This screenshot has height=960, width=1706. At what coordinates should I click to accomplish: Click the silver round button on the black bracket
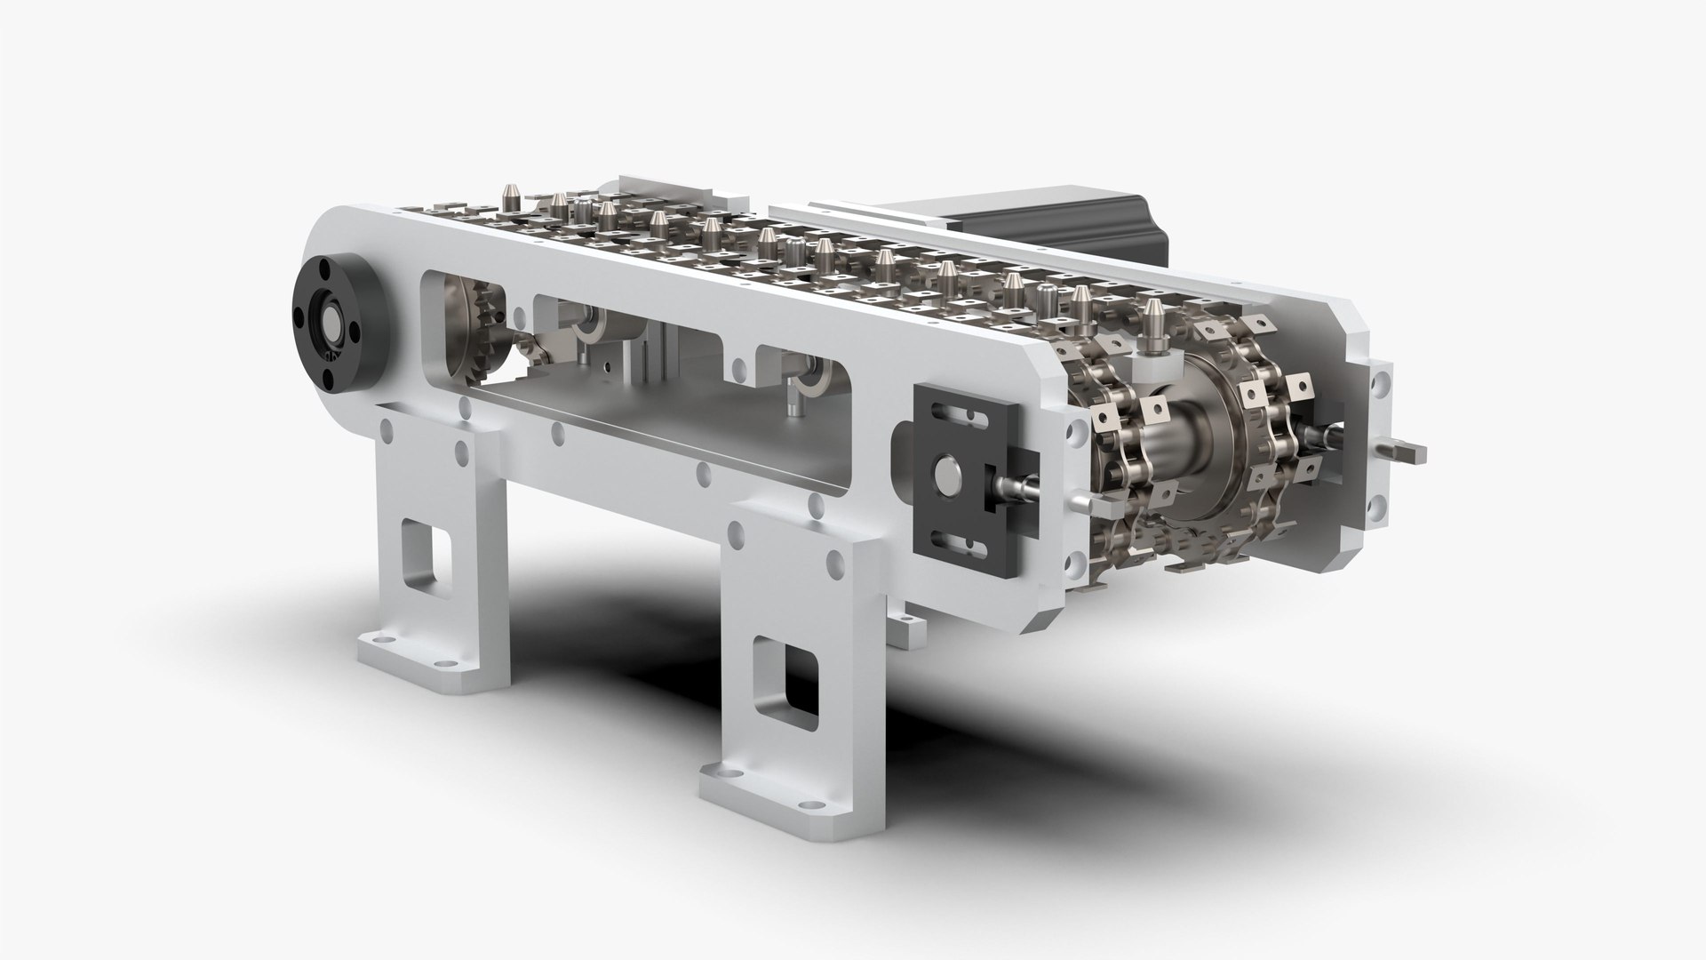[950, 476]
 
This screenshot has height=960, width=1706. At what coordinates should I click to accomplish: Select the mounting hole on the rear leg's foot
[382, 639]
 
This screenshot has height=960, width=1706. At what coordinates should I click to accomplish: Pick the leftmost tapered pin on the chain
[510, 196]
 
